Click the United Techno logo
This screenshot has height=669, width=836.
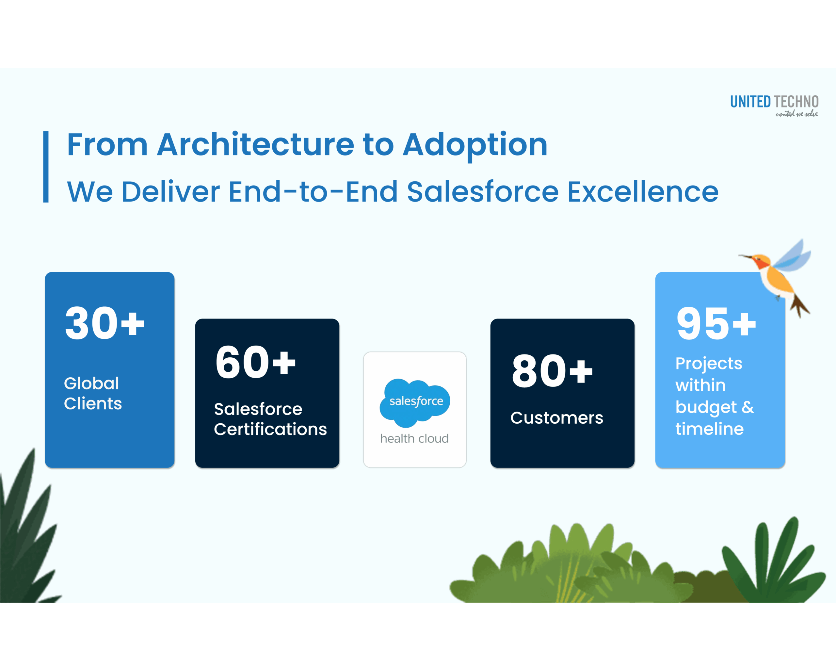(774, 105)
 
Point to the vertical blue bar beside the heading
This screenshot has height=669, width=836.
(46, 167)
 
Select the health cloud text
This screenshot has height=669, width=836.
(414, 438)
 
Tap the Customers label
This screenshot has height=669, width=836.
(556, 418)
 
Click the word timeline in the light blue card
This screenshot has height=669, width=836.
(709, 429)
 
